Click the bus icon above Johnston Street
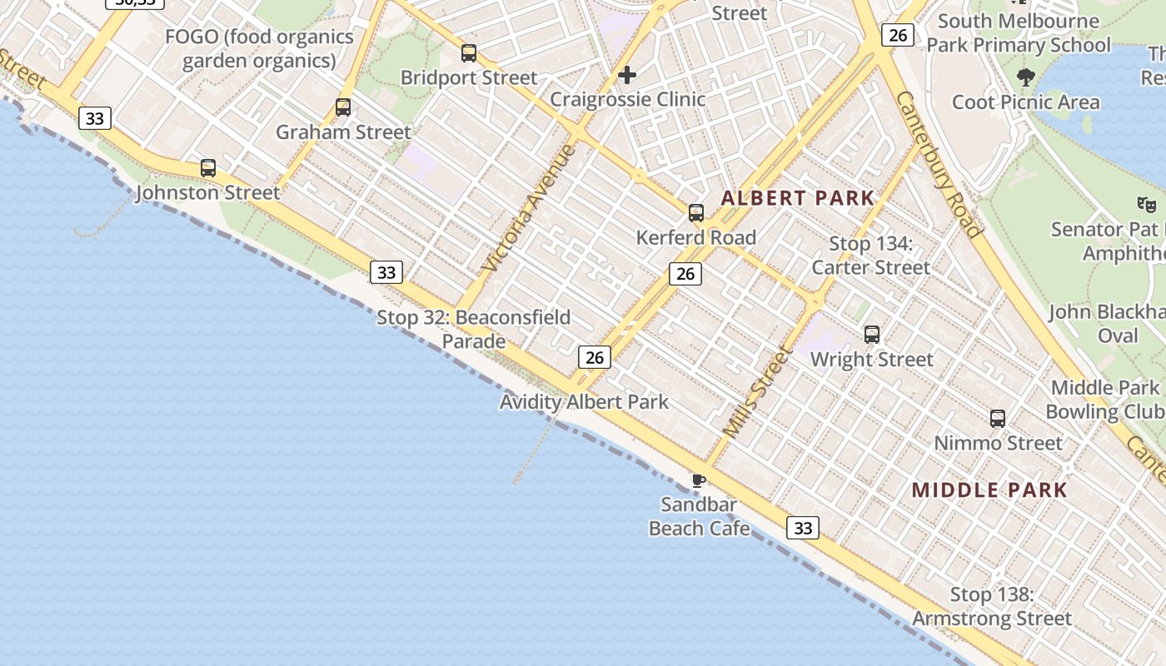tap(208, 168)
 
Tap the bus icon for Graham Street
tap(343, 107)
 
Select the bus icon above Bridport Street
tap(469, 53)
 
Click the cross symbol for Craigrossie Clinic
tap(627, 75)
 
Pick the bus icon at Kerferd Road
tap(696, 213)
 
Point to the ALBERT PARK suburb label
tap(798, 198)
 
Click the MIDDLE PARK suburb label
tap(989, 490)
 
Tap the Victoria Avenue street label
tap(529, 208)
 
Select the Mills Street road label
tap(755, 392)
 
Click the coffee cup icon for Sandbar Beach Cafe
tap(699, 480)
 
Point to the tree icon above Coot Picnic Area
tap(1026, 77)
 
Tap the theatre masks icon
tap(1147, 203)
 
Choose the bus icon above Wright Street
tap(872, 335)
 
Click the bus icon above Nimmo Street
tap(998, 418)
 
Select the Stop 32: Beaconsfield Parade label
tap(474, 329)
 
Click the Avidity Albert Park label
tap(584, 402)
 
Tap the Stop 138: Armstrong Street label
tap(992, 606)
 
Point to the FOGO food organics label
tap(259, 48)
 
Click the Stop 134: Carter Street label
tap(870, 256)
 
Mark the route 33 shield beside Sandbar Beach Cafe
tap(803, 527)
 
